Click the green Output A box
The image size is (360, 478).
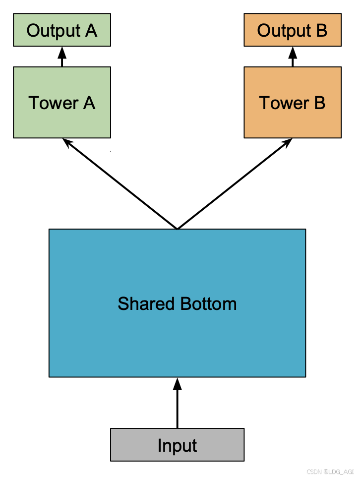[x=62, y=30]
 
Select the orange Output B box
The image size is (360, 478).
[x=293, y=30]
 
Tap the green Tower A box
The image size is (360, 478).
[x=62, y=103]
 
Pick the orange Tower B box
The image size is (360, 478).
[x=293, y=103]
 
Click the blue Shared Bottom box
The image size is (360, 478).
[x=177, y=303]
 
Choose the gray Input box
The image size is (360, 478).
[x=177, y=445]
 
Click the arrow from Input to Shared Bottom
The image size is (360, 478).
[x=177, y=403]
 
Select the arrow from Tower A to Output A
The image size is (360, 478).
[x=62, y=57]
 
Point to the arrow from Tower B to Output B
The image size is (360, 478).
[x=293, y=57]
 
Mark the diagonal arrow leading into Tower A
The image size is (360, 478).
[x=120, y=183]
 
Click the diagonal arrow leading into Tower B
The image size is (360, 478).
[x=235, y=183]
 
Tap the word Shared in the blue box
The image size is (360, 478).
[x=146, y=303]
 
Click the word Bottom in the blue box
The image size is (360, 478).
[x=208, y=303]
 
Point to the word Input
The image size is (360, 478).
[x=177, y=446]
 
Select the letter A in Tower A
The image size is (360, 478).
[x=89, y=103]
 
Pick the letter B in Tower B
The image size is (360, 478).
[x=319, y=103]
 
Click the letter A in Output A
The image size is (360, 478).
[x=91, y=30]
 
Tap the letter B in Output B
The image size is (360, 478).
[x=322, y=30]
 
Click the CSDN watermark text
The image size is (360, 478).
[x=330, y=472]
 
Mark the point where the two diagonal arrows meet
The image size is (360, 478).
[x=177, y=229]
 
